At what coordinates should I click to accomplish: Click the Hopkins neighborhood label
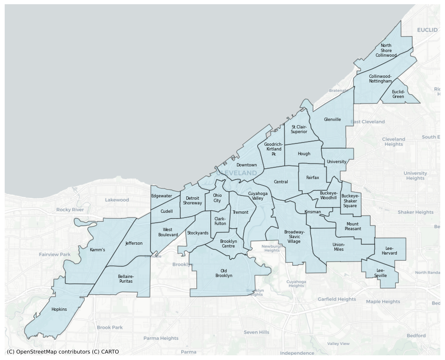coord(59,309)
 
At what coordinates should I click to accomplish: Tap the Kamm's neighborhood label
coord(97,250)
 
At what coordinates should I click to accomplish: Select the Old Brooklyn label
coord(224,273)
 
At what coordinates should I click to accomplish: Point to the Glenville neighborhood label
coord(333,120)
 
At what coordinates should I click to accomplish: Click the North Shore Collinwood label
coord(386,51)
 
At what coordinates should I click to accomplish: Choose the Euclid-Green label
coord(398,94)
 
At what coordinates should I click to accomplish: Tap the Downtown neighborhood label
coord(246,165)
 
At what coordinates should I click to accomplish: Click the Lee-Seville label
coord(380,273)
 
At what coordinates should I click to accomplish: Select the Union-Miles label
coord(339,247)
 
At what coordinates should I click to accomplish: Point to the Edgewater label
coord(161,196)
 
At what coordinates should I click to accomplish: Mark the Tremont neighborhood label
coord(240,212)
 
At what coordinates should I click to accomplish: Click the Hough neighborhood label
coord(304,154)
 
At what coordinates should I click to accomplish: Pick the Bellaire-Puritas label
coord(126,279)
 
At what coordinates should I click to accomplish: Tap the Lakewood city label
coord(117,200)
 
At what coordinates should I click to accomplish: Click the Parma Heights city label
coord(161,338)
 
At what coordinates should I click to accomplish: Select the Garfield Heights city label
coord(337,299)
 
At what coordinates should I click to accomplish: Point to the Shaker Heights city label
coord(415,212)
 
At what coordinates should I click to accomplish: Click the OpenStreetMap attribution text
coord(63,352)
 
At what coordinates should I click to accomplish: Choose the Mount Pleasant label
coord(353,226)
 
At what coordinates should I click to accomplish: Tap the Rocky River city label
coord(70,210)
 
